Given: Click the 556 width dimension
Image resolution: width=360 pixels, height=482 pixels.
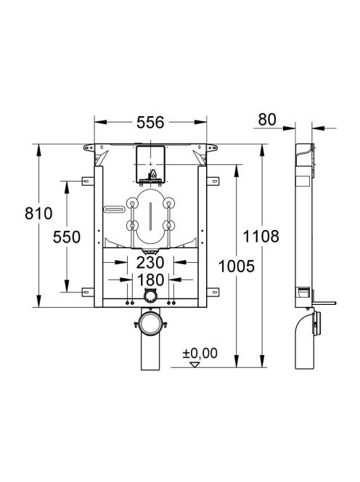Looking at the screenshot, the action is click(150, 123).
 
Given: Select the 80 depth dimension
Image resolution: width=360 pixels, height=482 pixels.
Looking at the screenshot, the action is click(267, 120).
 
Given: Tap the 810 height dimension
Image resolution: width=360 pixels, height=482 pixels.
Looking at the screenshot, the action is click(38, 213).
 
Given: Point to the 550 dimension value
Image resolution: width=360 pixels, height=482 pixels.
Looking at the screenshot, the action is click(67, 237).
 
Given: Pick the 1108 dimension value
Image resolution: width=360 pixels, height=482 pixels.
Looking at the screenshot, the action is click(261, 237).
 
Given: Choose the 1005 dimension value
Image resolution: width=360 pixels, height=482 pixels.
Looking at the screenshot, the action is click(237, 266).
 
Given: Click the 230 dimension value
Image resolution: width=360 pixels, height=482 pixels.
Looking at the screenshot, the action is click(150, 263).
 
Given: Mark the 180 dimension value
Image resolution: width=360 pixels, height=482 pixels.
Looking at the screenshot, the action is click(150, 280).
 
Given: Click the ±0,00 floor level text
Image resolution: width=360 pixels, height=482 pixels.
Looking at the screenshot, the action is click(200, 354).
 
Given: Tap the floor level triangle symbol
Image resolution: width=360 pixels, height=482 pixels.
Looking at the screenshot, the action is click(195, 364).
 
